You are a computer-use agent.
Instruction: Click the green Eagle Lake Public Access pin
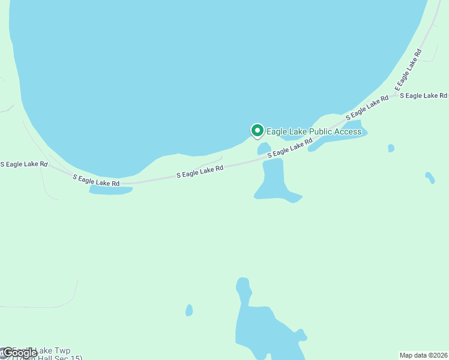[257, 130]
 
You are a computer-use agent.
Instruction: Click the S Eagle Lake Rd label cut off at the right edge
[423, 95]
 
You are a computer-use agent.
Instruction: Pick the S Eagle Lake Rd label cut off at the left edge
[23, 164]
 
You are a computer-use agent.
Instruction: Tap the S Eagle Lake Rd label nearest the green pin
[290, 148]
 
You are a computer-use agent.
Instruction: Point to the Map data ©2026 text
[424, 355]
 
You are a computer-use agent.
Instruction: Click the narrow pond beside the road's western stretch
[111, 190]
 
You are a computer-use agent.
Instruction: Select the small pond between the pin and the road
[264, 148]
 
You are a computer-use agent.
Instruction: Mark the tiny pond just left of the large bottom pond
[189, 310]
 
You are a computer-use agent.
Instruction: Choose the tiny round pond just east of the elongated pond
[391, 148]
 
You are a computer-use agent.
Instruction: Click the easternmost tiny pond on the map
[429, 178]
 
